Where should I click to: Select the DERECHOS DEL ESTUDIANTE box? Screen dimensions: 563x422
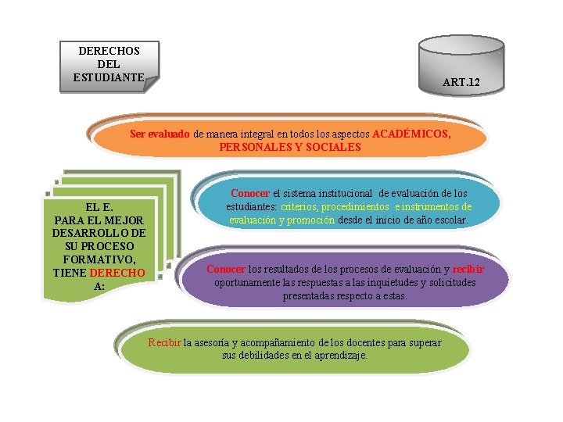click(x=109, y=64)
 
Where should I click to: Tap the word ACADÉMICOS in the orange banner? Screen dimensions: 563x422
click(x=411, y=134)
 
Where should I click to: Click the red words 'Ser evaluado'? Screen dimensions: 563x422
click(x=160, y=134)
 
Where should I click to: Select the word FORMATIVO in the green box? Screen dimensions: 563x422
click(x=98, y=259)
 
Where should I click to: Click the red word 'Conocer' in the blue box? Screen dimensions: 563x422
click(x=250, y=193)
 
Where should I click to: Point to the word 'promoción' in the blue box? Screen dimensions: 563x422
click(x=310, y=220)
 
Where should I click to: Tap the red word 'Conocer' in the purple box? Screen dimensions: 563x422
click(x=225, y=269)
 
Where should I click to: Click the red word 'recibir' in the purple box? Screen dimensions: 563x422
click(x=468, y=269)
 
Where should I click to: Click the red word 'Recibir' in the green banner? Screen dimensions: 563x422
click(x=164, y=342)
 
